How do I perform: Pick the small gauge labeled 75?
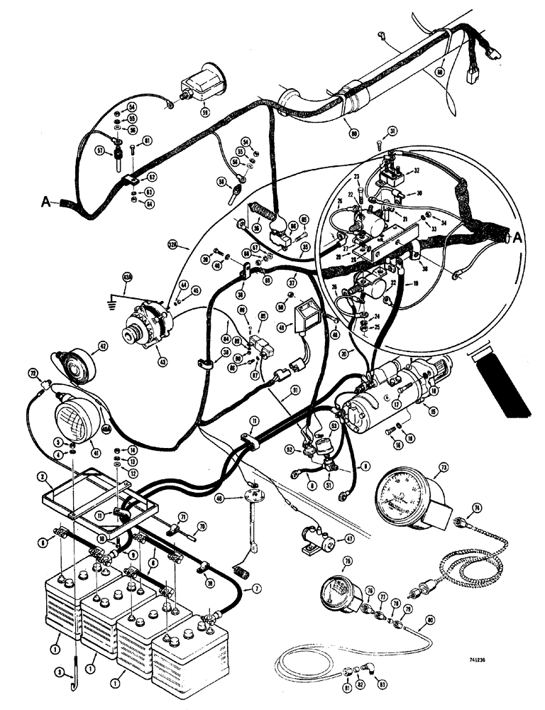tap(338, 589)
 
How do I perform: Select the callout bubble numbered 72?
tap(32, 372)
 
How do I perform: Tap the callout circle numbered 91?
tap(293, 389)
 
